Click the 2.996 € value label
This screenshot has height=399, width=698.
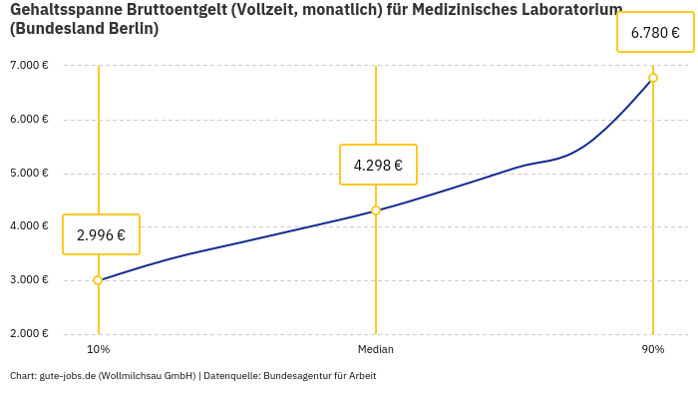pyautogui.click(x=101, y=235)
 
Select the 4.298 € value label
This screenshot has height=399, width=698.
pyautogui.click(x=378, y=166)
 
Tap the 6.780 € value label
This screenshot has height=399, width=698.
pyautogui.click(x=655, y=32)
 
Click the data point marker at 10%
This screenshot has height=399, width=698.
pyautogui.click(x=98, y=280)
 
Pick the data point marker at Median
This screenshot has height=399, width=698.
pyautogui.click(x=376, y=210)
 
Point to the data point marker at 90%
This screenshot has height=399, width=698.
pyautogui.click(x=653, y=78)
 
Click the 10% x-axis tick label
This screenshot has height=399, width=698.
pyautogui.click(x=98, y=349)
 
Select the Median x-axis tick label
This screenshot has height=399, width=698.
pyautogui.click(x=376, y=349)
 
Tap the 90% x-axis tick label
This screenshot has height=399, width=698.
pyautogui.click(x=653, y=349)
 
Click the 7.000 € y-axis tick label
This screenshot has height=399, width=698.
pyautogui.click(x=29, y=66)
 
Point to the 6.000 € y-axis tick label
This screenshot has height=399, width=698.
pyautogui.click(x=29, y=120)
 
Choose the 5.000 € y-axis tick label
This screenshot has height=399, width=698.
pyautogui.click(x=29, y=173)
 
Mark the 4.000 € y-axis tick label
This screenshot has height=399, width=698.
pyautogui.click(x=29, y=226)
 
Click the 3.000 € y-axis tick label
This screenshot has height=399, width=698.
pyautogui.click(x=29, y=279)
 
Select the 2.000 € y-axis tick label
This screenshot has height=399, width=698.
pyautogui.click(x=29, y=333)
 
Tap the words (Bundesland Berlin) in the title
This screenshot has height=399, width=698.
pyautogui.click(x=84, y=29)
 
